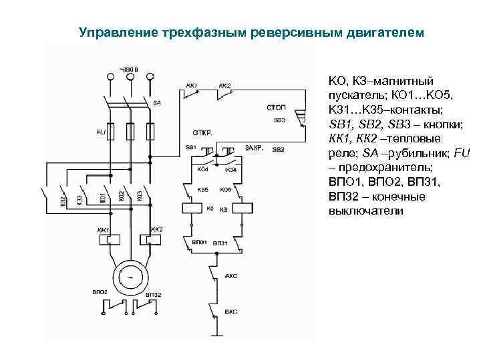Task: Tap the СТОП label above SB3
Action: point(277,107)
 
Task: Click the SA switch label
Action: point(156,103)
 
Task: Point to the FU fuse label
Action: point(100,132)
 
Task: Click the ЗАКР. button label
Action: point(254,147)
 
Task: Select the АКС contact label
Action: point(232,275)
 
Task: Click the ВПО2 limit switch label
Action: point(100,292)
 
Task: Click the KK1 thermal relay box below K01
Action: point(108,239)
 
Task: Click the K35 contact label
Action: point(202,190)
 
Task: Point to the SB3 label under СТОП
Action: point(279,120)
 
